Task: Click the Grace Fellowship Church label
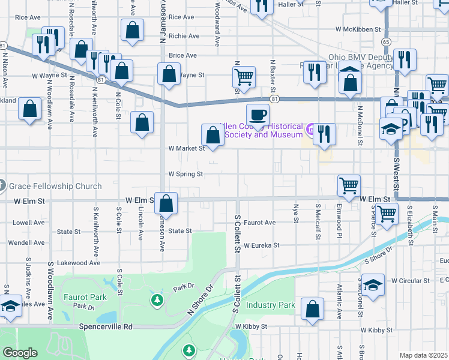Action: pos(55,186)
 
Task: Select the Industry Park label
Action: pos(271,305)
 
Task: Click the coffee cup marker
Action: pos(258,114)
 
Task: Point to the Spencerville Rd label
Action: pos(105,327)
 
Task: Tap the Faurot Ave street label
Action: pos(259,223)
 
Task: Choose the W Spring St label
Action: pos(185,174)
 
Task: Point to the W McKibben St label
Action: pos(358,29)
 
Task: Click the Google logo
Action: pos(20,353)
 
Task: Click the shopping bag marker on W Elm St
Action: pos(167,203)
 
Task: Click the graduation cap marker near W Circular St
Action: pos(373,284)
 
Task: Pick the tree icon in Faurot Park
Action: pos(157,299)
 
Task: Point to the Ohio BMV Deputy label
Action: pos(360,58)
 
